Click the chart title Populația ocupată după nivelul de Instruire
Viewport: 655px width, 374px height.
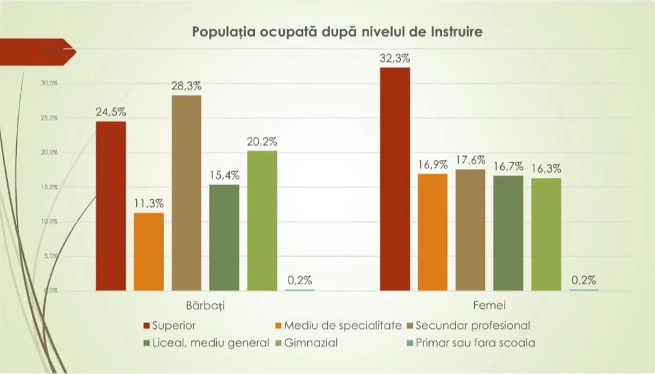(336, 32)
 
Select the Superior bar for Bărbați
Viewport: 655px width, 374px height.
(110, 206)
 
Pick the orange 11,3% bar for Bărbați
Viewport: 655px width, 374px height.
(148, 251)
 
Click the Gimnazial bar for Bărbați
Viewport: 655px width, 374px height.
(262, 220)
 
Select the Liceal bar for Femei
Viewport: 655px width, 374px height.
(508, 232)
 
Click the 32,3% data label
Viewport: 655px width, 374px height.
(395, 58)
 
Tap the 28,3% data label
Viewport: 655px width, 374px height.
(186, 86)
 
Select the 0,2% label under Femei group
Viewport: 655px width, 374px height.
(583, 280)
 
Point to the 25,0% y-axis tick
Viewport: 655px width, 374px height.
(50, 118)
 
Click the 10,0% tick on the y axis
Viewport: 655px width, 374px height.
(50, 221)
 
